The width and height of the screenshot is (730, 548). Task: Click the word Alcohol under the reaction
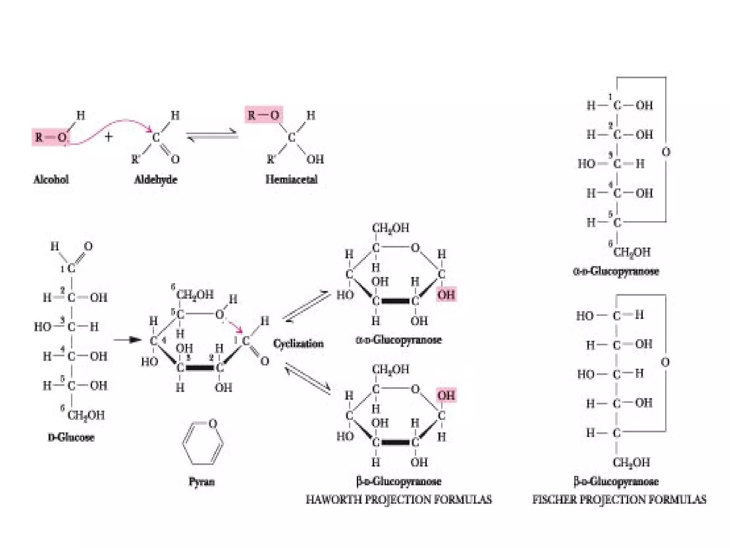(x=51, y=179)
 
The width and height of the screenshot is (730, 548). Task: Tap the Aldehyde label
(x=155, y=179)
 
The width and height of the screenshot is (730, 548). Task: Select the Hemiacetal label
(x=291, y=179)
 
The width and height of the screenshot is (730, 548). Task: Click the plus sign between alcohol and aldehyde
(x=109, y=137)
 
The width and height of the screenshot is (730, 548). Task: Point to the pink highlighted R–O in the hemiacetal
(x=263, y=115)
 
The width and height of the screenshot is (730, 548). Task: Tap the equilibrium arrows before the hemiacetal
(x=212, y=136)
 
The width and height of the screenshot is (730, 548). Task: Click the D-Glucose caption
(x=71, y=437)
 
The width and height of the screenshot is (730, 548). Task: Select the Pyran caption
(x=201, y=482)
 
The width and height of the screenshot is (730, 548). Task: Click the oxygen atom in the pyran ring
(x=213, y=423)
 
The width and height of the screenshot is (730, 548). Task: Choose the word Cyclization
(x=298, y=344)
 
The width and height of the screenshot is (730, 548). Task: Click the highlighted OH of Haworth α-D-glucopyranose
(x=446, y=295)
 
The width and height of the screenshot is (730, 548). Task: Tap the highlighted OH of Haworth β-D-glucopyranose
(x=446, y=396)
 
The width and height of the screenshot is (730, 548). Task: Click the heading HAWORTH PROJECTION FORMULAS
(x=399, y=499)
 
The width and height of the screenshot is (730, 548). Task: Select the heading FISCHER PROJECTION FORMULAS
(x=619, y=499)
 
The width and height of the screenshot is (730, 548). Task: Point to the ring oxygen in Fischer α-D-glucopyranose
(x=666, y=152)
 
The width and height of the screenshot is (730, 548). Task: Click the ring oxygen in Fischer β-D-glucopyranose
(x=665, y=362)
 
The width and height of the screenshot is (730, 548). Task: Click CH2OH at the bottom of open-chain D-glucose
(x=86, y=415)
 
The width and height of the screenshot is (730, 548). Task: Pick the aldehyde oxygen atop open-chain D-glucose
(x=88, y=246)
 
